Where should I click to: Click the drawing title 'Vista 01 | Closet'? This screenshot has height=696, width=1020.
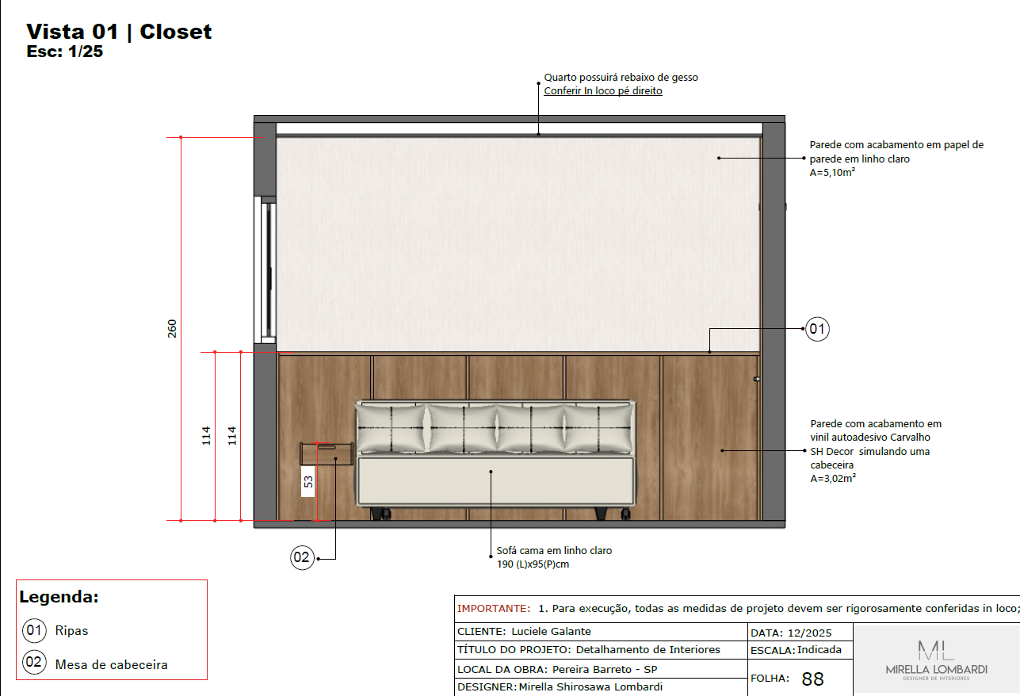(x=119, y=32)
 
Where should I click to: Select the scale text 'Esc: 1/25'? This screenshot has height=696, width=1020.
(x=65, y=53)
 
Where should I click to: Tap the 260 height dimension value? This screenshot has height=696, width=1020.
(x=172, y=328)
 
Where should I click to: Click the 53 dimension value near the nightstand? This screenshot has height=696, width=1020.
(x=308, y=481)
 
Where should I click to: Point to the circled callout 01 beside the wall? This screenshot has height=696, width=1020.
(x=817, y=328)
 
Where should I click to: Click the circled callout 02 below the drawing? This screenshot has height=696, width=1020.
(x=302, y=558)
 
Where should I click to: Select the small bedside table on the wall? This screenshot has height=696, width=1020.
(x=326, y=453)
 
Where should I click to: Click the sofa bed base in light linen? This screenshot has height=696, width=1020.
(x=496, y=481)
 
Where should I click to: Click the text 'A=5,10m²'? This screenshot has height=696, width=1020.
(x=831, y=172)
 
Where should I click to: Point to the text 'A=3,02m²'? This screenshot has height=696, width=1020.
(x=832, y=478)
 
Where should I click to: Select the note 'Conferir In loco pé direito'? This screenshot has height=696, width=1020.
(x=602, y=91)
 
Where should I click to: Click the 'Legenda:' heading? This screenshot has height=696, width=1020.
(x=59, y=598)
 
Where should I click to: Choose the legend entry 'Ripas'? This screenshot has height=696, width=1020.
(x=71, y=631)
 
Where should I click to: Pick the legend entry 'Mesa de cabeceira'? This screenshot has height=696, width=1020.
(x=111, y=664)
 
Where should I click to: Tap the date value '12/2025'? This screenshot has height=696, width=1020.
(x=816, y=633)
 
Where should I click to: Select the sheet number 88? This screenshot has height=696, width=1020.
(x=813, y=679)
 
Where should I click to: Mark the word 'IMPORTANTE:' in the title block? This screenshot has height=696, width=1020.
(x=493, y=609)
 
